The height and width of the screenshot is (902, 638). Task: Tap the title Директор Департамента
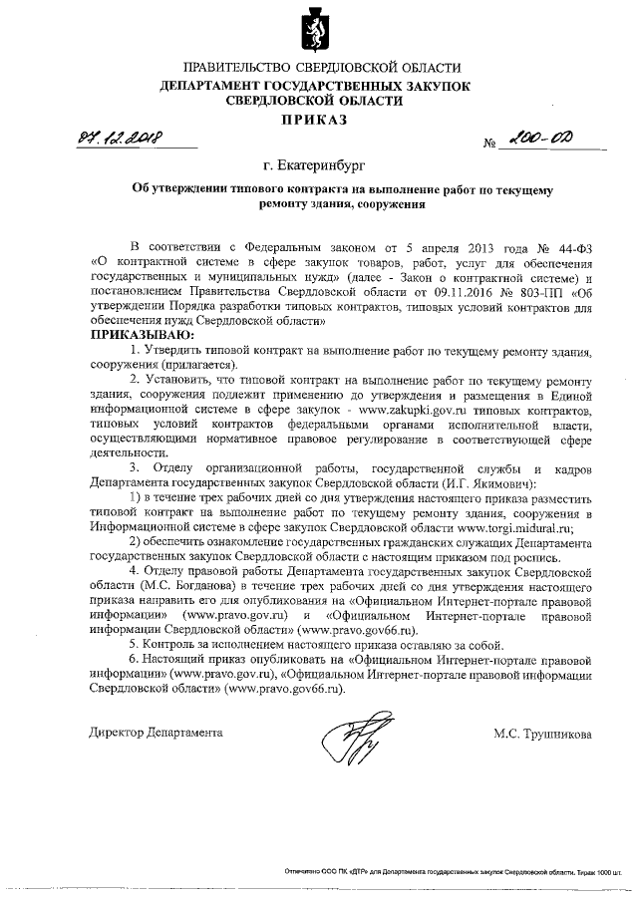pos(155,733)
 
